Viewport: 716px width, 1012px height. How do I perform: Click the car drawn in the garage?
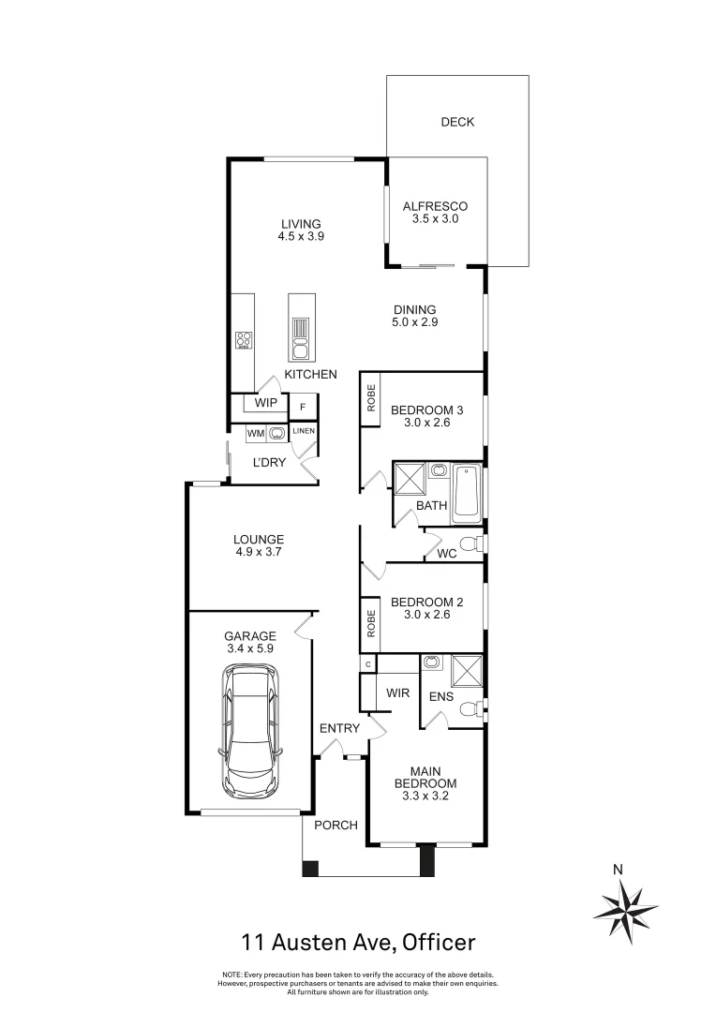[249, 728]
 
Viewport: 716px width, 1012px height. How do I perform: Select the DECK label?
[457, 122]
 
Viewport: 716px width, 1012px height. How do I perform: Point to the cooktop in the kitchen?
[245, 340]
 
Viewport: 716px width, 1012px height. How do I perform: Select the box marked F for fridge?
[303, 408]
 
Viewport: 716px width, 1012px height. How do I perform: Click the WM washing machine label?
[255, 433]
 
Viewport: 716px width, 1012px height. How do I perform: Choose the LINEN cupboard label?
[304, 431]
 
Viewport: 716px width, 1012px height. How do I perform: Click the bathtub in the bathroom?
[466, 494]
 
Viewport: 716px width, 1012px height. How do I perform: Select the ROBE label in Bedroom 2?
[371, 624]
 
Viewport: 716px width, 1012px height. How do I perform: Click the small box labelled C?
[368, 663]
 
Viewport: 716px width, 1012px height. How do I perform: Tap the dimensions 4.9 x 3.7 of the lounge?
[259, 552]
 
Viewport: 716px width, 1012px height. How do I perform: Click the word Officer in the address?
[440, 941]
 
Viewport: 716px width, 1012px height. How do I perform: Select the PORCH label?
[336, 825]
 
